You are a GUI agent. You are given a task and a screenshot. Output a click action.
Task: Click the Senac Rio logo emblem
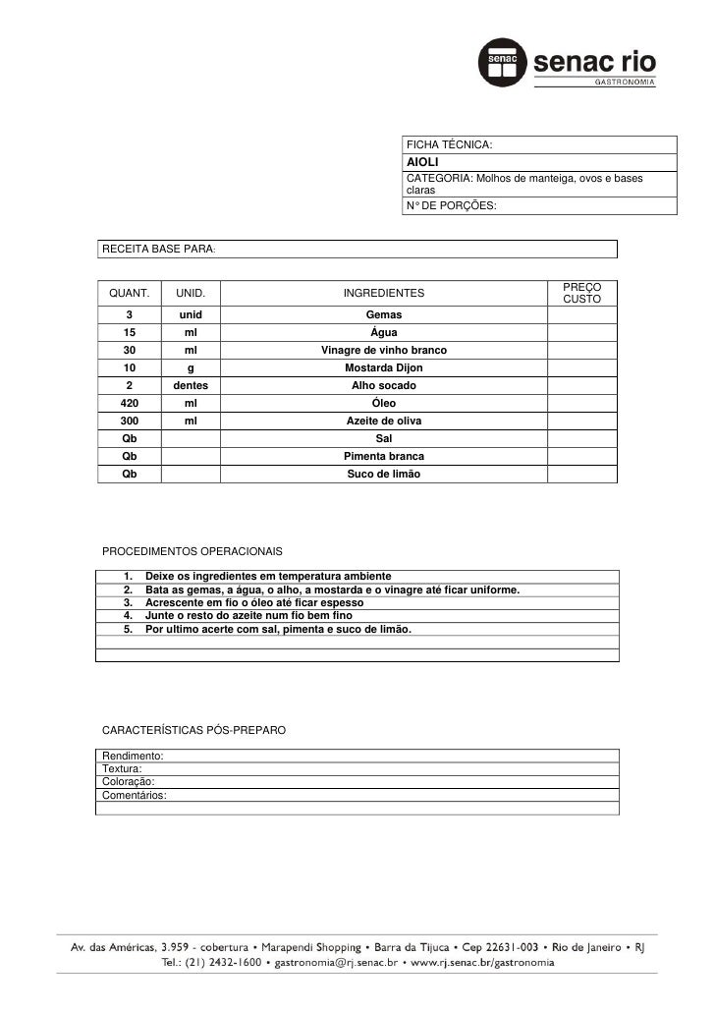click(x=502, y=64)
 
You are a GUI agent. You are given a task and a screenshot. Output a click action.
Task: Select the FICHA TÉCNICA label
click(x=449, y=145)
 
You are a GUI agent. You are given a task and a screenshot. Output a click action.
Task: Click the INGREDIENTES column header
click(x=383, y=293)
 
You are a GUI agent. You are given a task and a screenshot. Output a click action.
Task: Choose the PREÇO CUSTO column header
click(x=581, y=292)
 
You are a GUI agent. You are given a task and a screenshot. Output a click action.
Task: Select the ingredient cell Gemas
click(x=383, y=314)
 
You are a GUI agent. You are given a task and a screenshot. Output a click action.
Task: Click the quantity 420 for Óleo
click(x=130, y=403)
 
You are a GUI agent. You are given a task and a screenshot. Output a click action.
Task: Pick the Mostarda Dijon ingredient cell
click(x=383, y=367)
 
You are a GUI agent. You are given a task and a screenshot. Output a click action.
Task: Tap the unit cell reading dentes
click(x=191, y=385)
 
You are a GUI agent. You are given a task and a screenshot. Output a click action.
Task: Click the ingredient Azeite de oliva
click(x=383, y=421)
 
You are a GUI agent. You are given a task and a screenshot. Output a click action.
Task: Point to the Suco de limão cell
click(x=383, y=474)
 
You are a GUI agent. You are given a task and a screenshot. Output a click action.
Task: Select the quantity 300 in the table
click(x=130, y=421)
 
